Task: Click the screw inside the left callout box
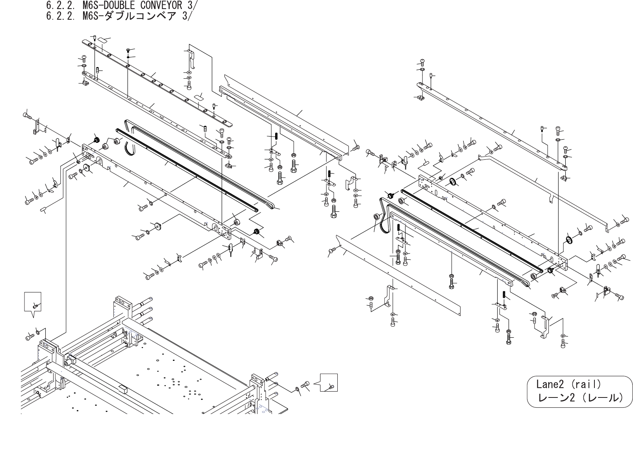point(35,305)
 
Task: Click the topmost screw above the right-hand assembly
point(422,61)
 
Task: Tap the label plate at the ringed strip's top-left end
point(103,40)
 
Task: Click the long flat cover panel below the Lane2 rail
point(398,272)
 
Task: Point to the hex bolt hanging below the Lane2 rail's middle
point(451,280)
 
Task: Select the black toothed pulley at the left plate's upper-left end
point(95,140)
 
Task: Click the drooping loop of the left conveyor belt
point(129,148)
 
